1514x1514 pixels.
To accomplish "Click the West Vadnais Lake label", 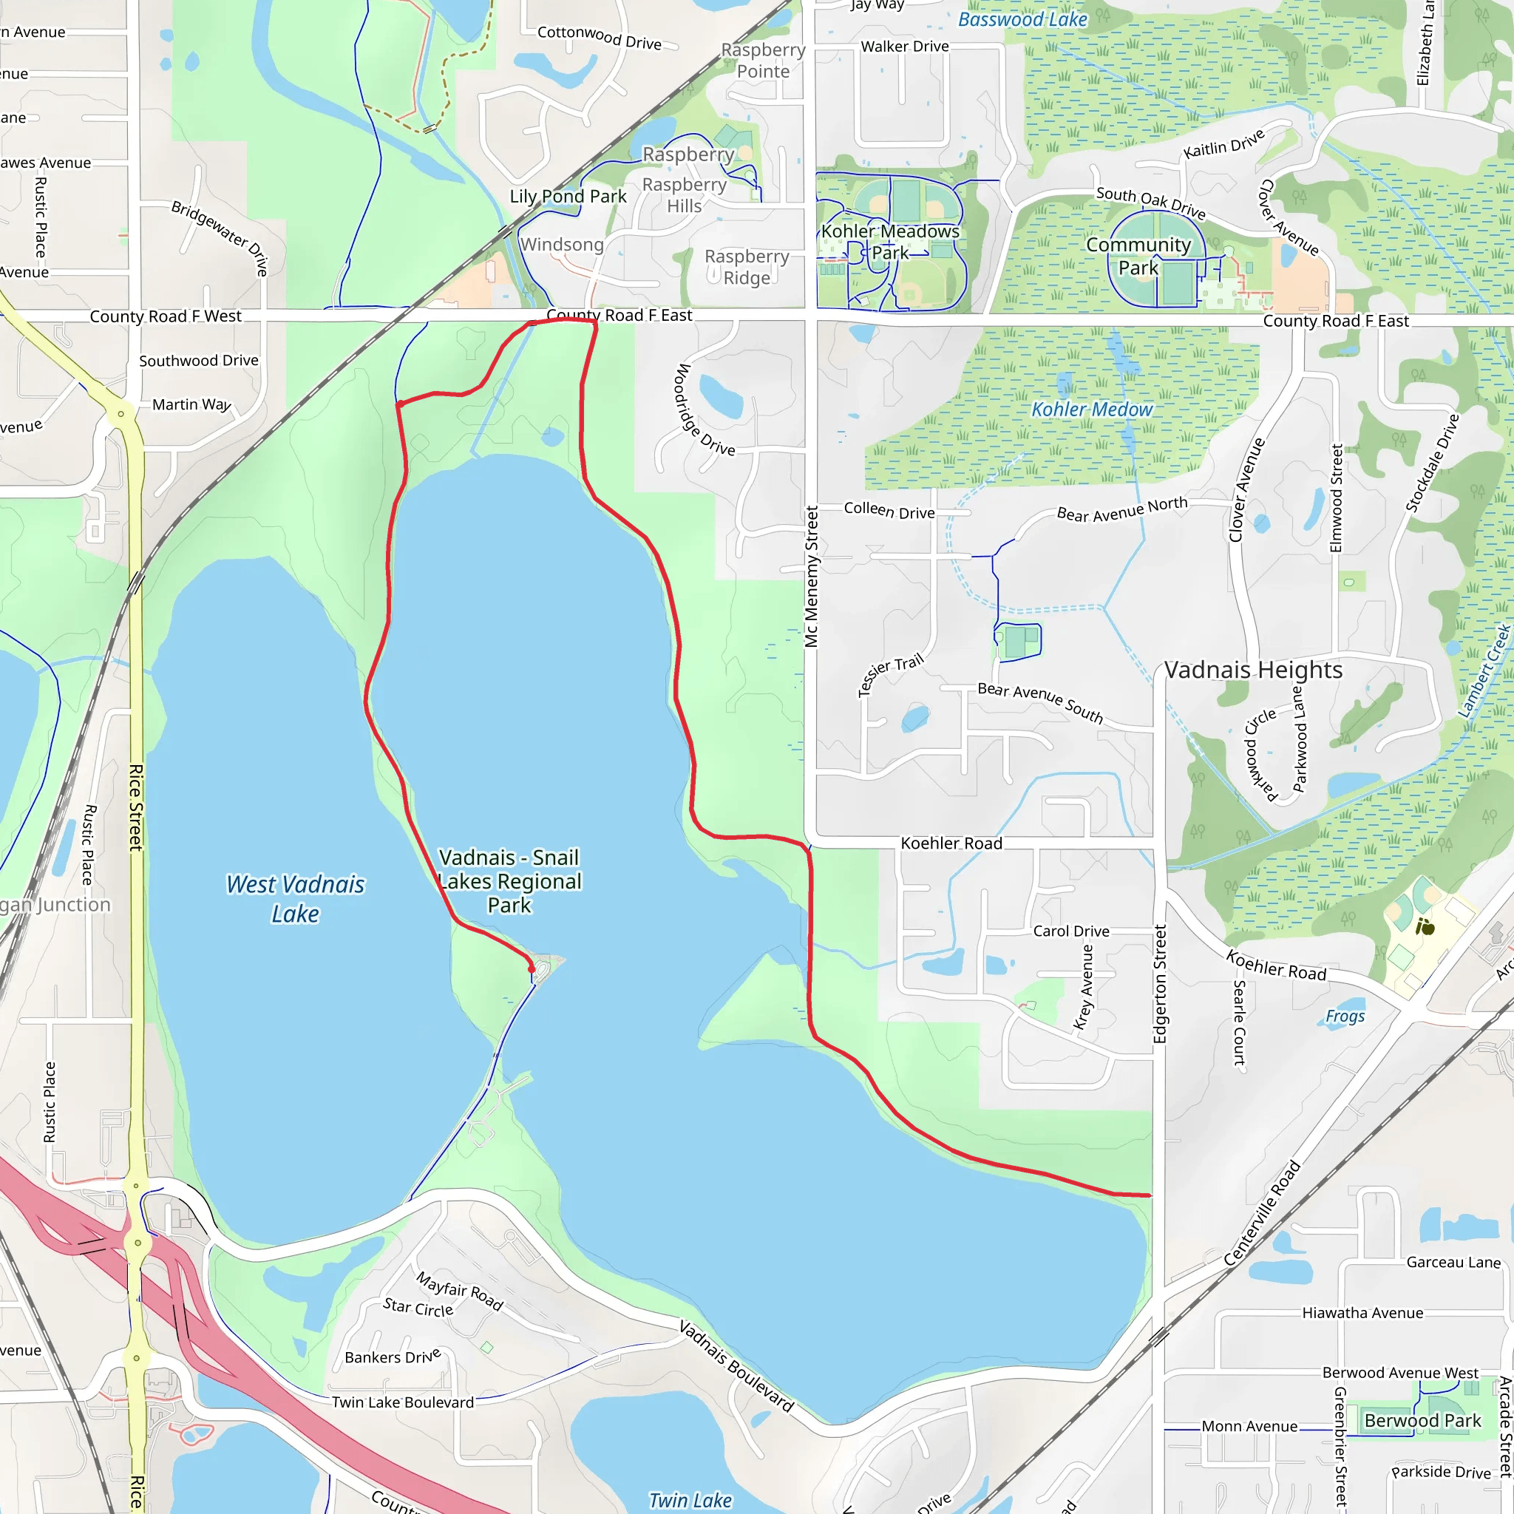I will [x=296, y=899].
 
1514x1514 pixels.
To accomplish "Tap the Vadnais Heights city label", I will [x=1252, y=670].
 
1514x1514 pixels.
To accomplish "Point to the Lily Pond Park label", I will [x=568, y=197].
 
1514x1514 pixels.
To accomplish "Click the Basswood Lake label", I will [x=1022, y=20].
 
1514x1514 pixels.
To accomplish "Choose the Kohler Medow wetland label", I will [x=1092, y=409].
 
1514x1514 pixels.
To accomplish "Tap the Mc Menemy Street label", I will [x=811, y=577].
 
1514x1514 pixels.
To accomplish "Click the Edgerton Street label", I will [x=1161, y=983].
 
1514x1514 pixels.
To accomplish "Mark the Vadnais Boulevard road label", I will [x=736, y=1366].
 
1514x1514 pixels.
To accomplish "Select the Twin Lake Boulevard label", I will [x=403, y=1402].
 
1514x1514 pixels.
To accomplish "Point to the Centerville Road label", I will [x=1263, y=1213].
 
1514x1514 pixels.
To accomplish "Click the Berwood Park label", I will [x=1422, y=1420].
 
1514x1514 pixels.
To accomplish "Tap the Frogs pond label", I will [x=1345, y=1016].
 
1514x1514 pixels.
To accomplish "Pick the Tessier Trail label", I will [x=890, y=674].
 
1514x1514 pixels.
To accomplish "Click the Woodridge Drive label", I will [x=705, y=410].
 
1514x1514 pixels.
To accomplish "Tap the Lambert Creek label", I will [x=1484, y=671].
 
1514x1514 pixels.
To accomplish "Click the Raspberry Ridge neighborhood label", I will [x=746, y=267].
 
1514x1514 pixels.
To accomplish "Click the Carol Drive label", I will [x=1070, y=931].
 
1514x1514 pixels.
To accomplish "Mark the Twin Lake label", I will [x=690, y=1500].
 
